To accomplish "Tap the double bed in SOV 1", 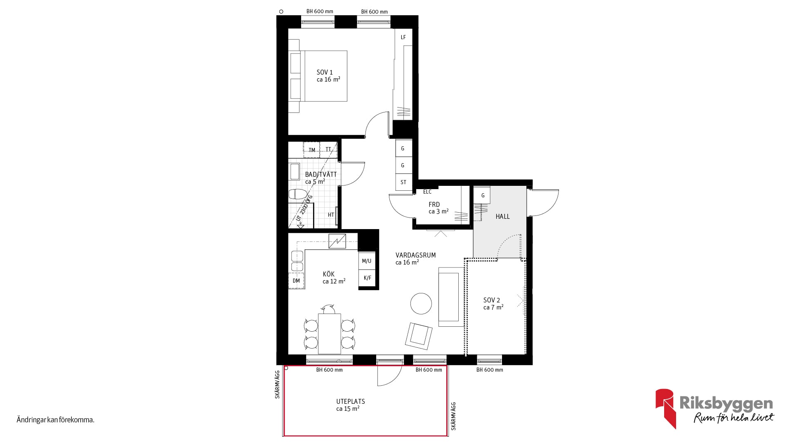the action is pyautogui.click(x=318, y=76).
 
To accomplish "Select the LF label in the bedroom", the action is pyautogui.click(x=403, y=37).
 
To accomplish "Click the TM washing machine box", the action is pyautogui.click(x=312, y=150).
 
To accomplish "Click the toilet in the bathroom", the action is pyautogui.click(x=297, y=194).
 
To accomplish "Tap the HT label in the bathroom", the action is pyautogui.click(x=331, y=215).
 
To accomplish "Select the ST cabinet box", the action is pyautogui.click(x=404, y=182).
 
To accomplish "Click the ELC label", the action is pyautogui.click(x=427, y=192).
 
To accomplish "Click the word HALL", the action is pyautogui.click(x=502, y=216).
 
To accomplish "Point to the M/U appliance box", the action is pyautogui.click(x=367, y=261).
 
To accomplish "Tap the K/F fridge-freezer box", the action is pyautogui.click(x=367, y=278).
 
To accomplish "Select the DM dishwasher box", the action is pyautogui.click(x=296, y=281).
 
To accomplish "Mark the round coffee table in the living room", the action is pyautogui.click(x=421, y=304).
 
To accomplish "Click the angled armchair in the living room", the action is pyautogui.click(x=419, y=334).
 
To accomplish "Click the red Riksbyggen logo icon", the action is pyautogui.click(x=666, y=408).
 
